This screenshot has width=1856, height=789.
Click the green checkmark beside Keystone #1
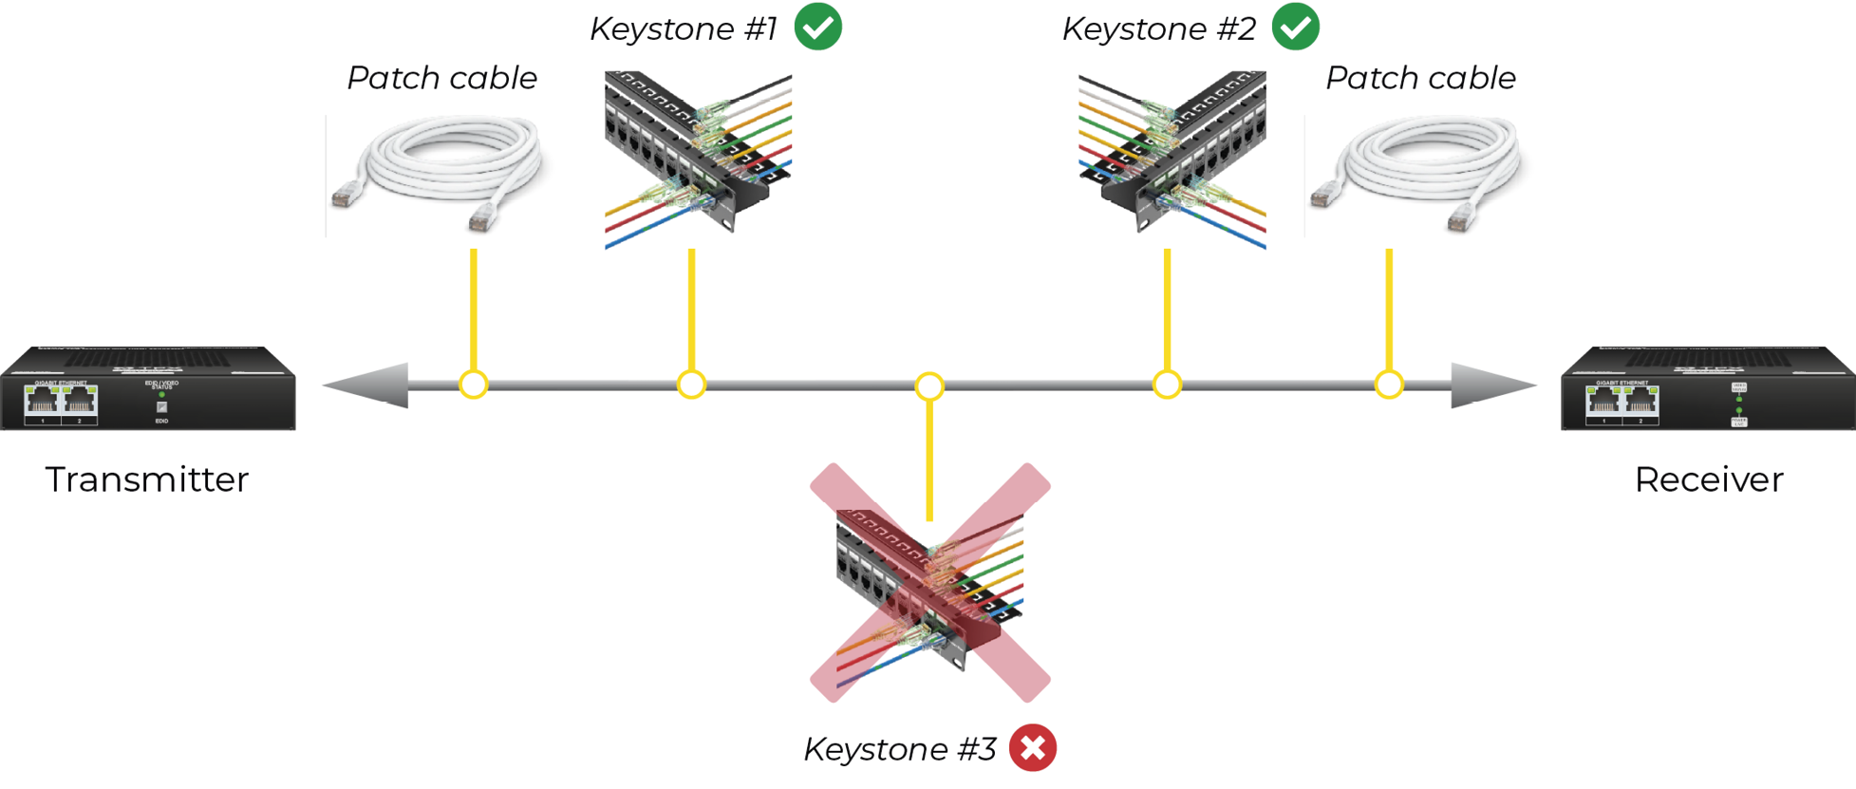pos(817,27)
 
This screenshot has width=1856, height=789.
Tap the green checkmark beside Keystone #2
pos(1295,27)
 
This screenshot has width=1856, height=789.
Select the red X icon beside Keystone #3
pos(1033,748)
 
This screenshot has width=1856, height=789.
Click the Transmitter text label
pos(147,479)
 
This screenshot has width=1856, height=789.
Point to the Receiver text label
pos(1708,479)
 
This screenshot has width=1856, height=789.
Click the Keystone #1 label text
pos(684,28)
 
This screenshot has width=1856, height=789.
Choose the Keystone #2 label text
pos(1159,28)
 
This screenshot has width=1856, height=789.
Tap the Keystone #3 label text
pos(900,749)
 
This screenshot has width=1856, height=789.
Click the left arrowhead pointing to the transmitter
pos(370,385)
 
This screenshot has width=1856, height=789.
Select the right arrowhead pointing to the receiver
pos(1490,385)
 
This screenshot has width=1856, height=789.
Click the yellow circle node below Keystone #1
pos(691,385)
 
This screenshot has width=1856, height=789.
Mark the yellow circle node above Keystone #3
pos(929,386)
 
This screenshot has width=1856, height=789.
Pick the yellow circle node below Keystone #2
pos(1167,385)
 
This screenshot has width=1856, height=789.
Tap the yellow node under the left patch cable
pos(473,385)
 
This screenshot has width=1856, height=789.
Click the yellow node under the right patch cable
pos(1389,385)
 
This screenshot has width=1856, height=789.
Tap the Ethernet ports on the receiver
pos(1622,403)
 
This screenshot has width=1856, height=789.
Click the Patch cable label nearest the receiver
pos(1420,78)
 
